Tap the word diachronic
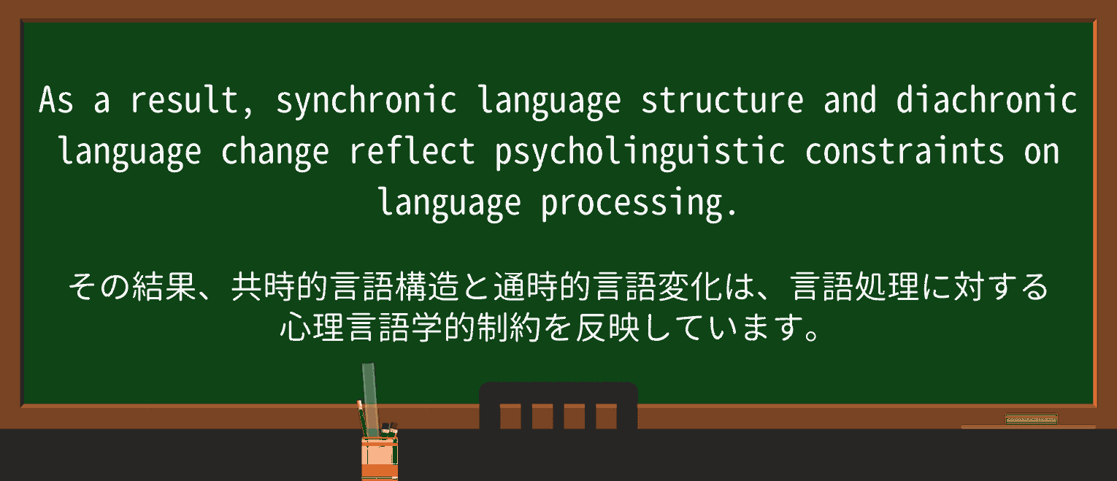point(986,101)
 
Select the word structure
point(722,101)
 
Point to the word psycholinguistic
point(640,153)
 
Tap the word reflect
point(412,153)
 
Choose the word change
point(275,153)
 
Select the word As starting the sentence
point(56,101)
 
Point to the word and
point(850,101)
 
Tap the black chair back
point(558,406)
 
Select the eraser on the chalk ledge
point(1031,419)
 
